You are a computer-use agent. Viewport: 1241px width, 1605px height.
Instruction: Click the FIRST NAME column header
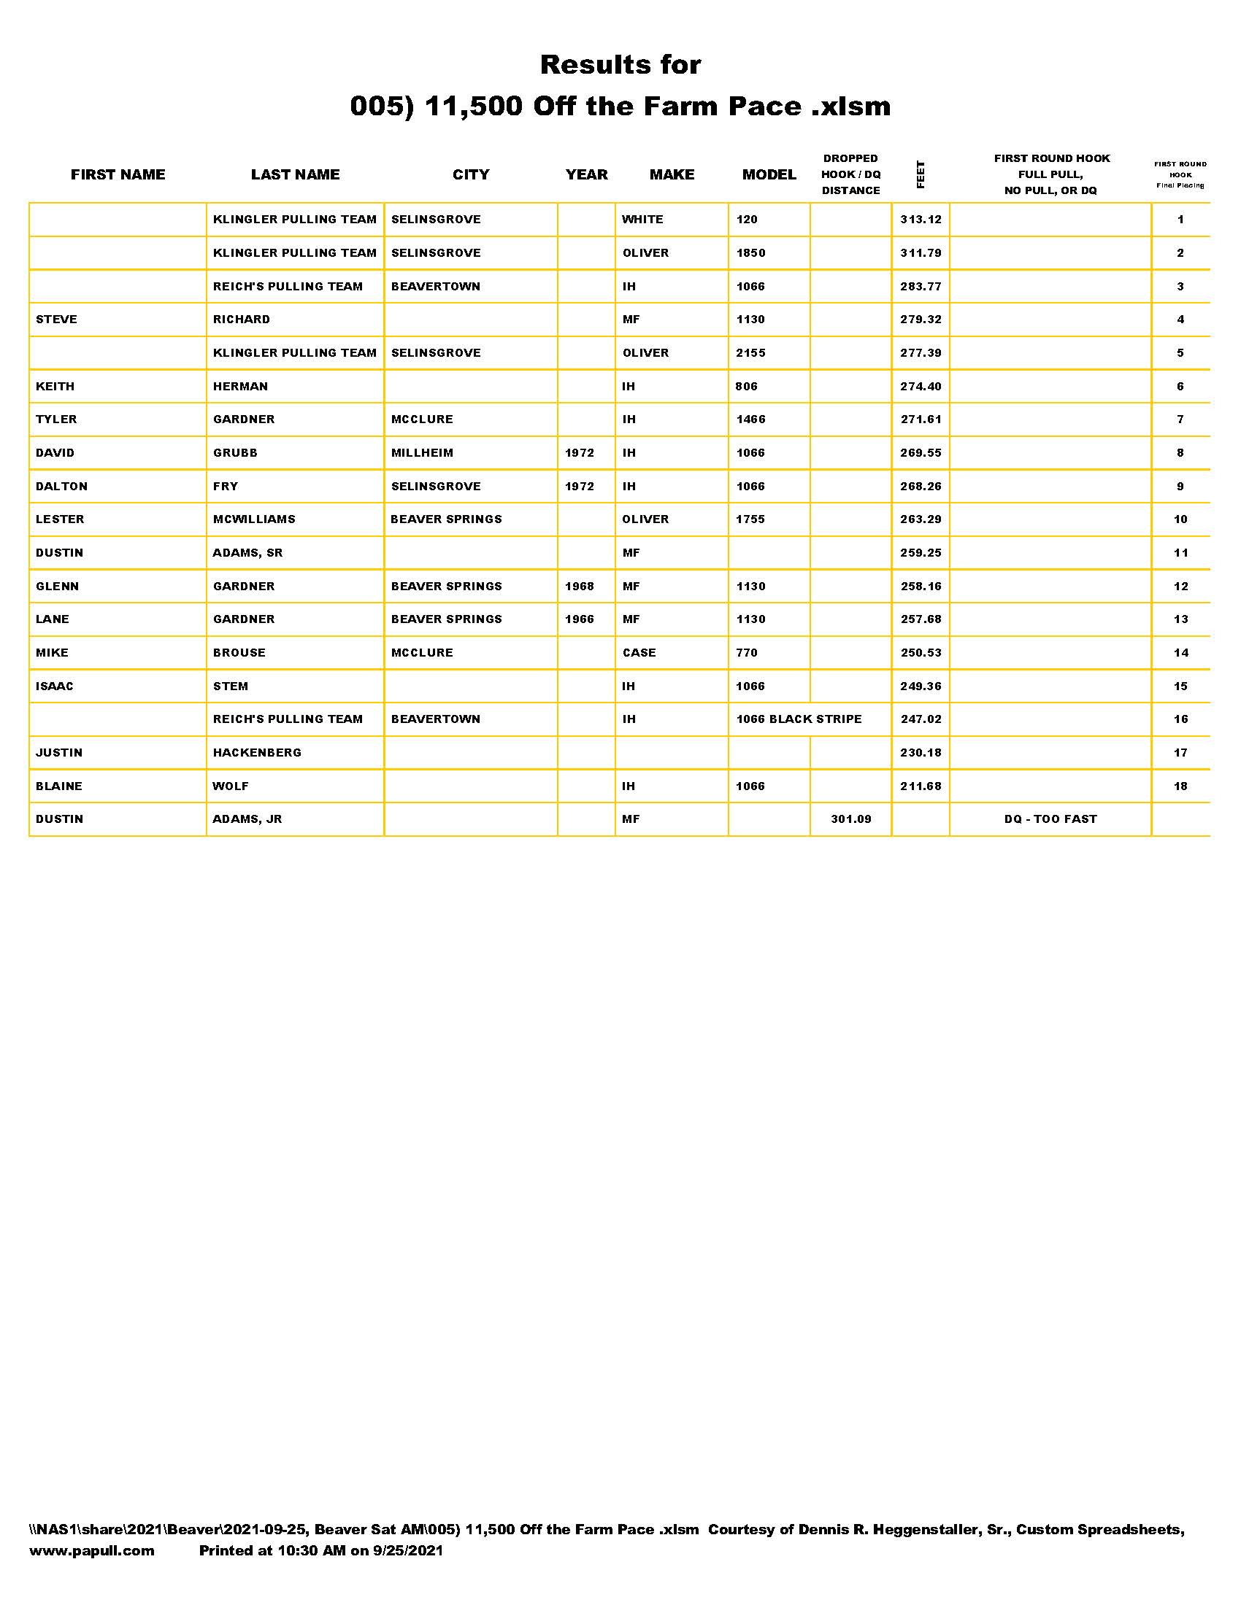[x=118, y=174]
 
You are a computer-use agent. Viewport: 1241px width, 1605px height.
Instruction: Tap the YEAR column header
[x=586, y=174]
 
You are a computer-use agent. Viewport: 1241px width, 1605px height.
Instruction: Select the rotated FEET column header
[x=921, y=174]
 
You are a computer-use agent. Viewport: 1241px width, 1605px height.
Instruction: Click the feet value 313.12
[x=921, y=219]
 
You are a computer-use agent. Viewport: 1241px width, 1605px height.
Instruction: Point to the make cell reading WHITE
[x=642, y=219]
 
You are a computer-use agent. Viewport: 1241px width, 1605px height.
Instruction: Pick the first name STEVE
[x=57, y=319]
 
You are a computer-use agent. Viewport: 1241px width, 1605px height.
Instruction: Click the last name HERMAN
[x=240, y=386]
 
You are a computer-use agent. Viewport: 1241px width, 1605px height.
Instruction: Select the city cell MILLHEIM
[x=422, y=453]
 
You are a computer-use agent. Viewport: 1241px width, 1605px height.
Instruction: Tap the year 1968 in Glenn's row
[x=580, y=586]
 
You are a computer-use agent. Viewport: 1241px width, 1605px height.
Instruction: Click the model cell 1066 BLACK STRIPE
[x=799, y=719]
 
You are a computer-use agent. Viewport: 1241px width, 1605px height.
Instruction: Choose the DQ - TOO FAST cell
[x=1050, y=819]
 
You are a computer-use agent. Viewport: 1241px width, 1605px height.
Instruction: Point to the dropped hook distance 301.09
[x=850, y=819]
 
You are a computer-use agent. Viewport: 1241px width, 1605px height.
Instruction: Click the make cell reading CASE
[x=639, y=653]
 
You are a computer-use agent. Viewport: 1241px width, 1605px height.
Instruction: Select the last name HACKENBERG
[x=257, y=753]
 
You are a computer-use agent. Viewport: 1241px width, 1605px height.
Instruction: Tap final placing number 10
[x=1180, y=519]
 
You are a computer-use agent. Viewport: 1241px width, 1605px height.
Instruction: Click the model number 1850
[x=750, y=253]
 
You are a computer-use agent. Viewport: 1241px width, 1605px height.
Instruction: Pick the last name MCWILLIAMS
[x=253, y=519]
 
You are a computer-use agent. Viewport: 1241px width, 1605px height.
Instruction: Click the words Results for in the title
[x=620, y=65]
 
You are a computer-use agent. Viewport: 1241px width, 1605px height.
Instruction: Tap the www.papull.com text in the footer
[x=92, y=1550]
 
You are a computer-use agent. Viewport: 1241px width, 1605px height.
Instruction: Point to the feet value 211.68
[x=921, y=786]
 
